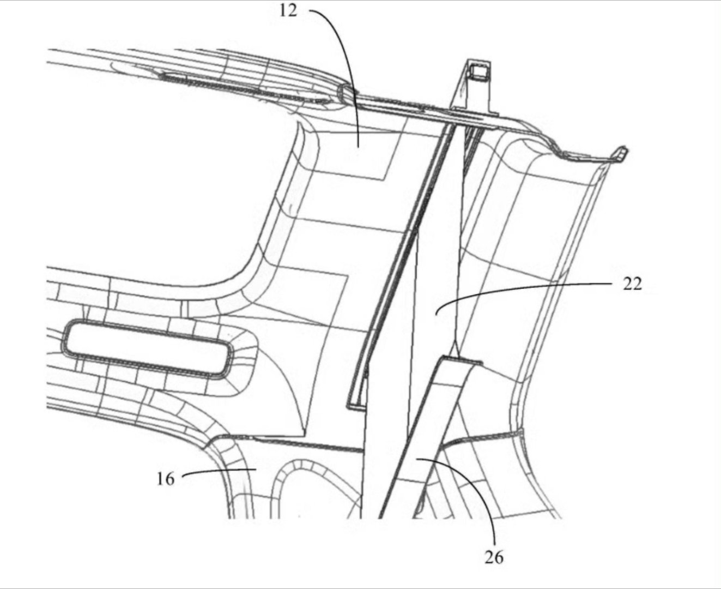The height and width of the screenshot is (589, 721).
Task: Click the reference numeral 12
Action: tap(288, 10)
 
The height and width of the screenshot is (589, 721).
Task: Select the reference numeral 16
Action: tap(166, 479)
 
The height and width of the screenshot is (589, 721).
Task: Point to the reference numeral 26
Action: tap(494, 557)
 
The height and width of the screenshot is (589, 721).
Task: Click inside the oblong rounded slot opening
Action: tap(147, 349)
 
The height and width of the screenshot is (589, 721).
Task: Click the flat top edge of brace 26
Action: tap(461, 359)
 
